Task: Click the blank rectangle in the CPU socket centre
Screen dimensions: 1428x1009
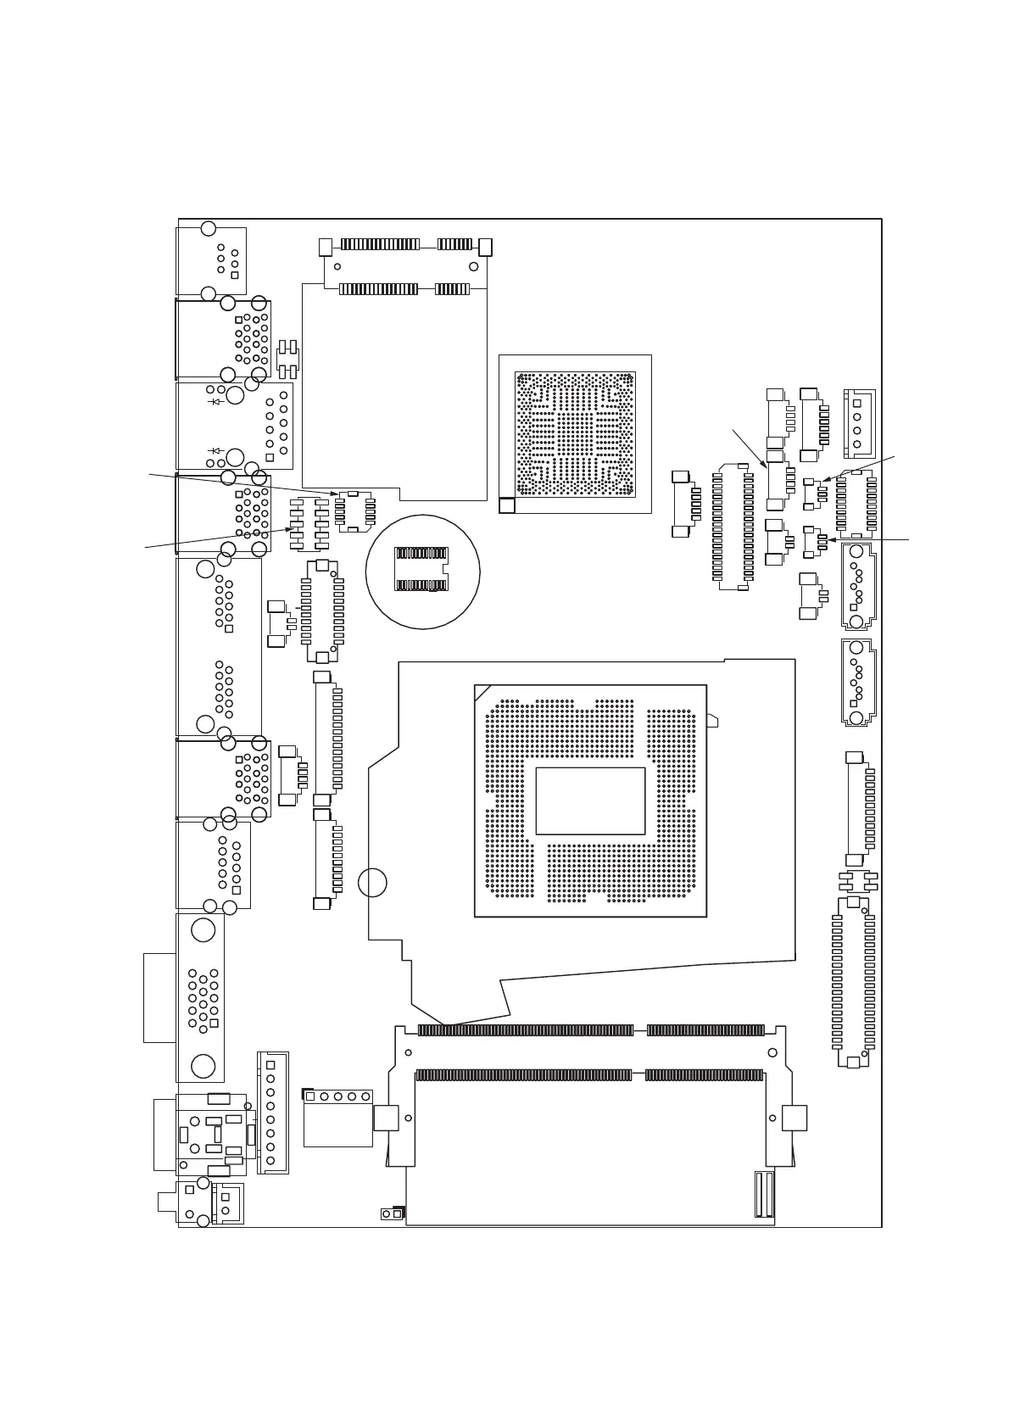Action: (590, 800)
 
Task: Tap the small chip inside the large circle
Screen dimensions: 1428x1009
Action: (421, 569)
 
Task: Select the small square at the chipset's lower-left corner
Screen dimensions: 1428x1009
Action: (506, 505)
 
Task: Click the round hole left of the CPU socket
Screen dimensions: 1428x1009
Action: (372, 883)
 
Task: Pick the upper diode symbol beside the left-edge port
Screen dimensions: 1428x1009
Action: (215, 401)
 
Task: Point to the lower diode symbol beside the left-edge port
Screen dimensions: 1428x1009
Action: (215, 451)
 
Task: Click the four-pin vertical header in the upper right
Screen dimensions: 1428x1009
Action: (857, 423)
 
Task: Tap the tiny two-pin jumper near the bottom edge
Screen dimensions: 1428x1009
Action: (391, 1213)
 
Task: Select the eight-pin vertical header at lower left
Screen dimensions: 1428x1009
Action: (271, 1113)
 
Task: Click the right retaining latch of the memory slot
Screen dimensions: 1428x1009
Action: (794, 1118)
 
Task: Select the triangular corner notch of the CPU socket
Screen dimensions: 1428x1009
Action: (482, 692)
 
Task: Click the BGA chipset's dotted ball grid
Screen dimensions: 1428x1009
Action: (575, 433)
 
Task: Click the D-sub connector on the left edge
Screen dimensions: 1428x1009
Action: (202, 997)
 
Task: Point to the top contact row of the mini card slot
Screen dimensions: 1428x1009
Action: (405, 244)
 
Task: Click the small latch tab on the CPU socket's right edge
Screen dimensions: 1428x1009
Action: (712, 721)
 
